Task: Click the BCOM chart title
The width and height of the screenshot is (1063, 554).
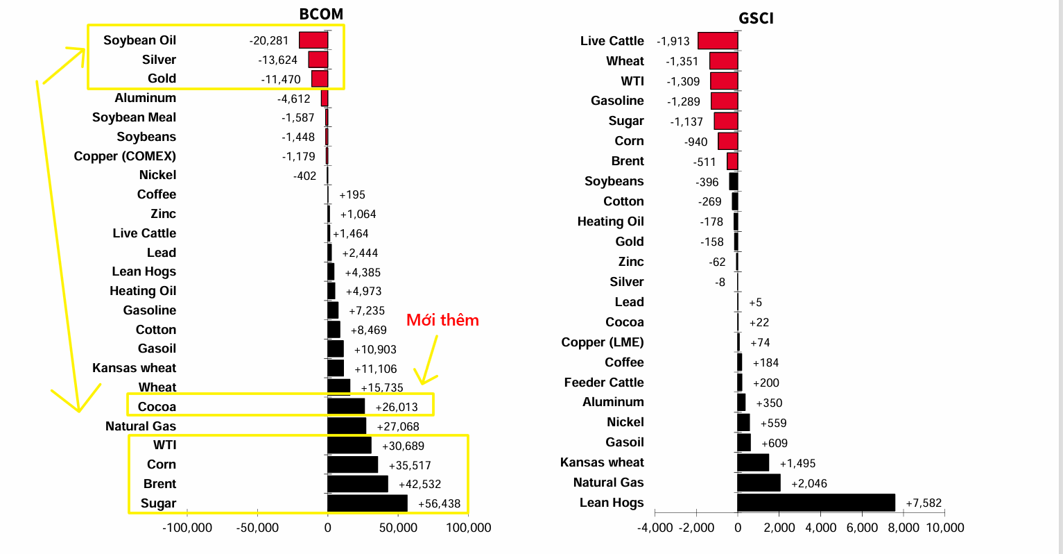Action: (321, 14)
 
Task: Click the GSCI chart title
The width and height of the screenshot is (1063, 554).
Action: (756, 18)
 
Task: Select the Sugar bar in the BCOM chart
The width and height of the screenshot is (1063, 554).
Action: (368, 503)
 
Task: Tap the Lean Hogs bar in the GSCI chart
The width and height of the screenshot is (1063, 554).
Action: (816, 503)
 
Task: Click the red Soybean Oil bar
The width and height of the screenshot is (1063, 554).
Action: (313, 40)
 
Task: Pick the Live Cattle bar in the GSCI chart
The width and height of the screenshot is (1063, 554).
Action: (718, 41)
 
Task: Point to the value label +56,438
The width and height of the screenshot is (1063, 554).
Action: (440, 504)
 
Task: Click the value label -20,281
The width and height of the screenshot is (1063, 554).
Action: (269, 41)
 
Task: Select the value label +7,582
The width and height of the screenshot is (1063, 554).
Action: (924, 503)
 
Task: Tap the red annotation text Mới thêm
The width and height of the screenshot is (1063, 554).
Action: (442, 320)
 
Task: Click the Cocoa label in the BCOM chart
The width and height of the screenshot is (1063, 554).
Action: (157, 407)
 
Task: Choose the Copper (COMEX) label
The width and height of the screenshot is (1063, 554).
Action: (125, 156)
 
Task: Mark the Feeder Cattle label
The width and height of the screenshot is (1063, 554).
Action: (604, 383)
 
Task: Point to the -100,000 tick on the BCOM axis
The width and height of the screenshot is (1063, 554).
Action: (187, 528)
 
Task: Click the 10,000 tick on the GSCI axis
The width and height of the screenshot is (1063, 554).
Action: (945, 528)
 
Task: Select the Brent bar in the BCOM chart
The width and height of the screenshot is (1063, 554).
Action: (358, 484)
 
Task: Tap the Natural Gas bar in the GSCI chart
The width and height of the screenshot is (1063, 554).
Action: (759, 482)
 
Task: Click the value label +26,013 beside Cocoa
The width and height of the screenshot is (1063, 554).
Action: (397, 408)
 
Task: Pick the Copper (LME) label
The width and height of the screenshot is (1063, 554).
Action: (603, 342)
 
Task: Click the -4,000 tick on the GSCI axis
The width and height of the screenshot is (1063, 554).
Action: (655, 528)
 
